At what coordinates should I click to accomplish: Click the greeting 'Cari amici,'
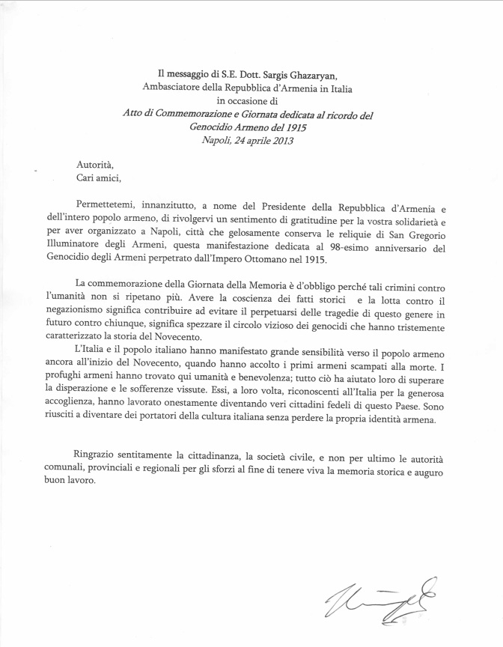[98, 177]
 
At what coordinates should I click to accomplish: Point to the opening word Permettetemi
[108, 205]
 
